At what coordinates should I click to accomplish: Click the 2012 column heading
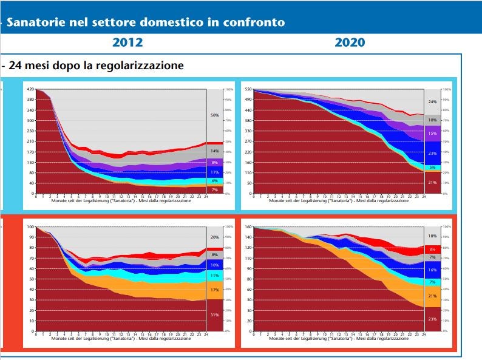coord(127,42)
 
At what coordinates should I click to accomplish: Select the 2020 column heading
coord(350,42)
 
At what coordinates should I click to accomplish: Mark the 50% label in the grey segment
coord(215,115)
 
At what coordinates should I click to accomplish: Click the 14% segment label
coord(215,151)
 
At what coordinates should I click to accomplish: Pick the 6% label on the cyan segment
coord(215,181)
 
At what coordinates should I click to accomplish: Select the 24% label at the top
coord(432,102)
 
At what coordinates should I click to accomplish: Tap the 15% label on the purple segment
coord(432,134)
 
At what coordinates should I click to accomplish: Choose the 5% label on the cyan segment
coord(432,168)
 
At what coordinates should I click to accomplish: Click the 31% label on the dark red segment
coord(215,314)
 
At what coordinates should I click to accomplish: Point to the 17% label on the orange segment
coord(215,290)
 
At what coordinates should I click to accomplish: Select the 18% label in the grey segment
coord(432,236)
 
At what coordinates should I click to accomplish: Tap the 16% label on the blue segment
coord(432,270)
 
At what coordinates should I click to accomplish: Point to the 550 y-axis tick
coord(248,89)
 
